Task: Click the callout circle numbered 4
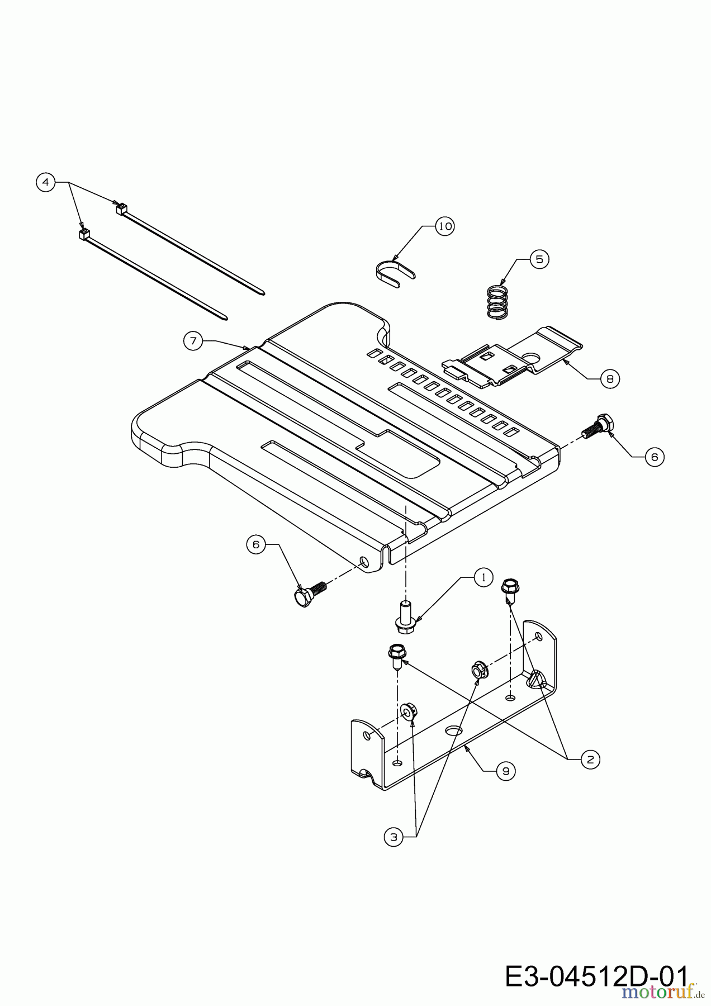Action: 46,182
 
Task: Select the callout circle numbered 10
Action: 444,226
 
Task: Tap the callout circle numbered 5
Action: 539,259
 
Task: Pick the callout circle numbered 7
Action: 193,341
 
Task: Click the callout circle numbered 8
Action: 610,379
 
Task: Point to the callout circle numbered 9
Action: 506,771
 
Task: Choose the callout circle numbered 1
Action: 484,577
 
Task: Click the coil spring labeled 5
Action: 497,303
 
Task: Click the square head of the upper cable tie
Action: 118,209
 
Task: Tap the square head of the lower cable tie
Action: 84,234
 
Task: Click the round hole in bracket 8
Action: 533,356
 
